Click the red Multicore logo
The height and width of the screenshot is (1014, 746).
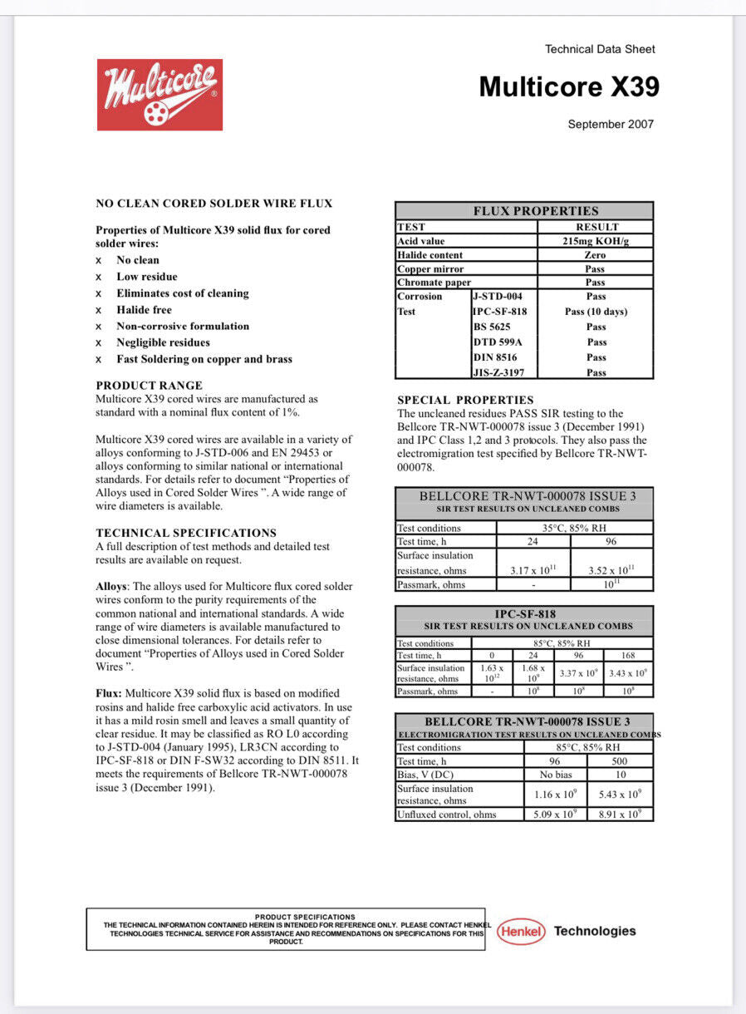pyautogui.click(x=160, y=95)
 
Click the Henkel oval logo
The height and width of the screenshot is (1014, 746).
pyautogui.click(x=521, y=932)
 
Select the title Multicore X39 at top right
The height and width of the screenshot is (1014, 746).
pyautogui.click(x=569, y=86)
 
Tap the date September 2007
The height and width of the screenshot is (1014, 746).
pyautogui.click(x=611, y=125)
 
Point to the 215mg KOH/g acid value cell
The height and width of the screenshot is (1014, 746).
pyautogui.click(x=596, y=241)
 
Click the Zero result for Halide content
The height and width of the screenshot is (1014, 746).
pyautogui.click(x=595, y=255)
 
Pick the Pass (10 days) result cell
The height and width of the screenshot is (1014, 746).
pyautogui.click(x=596, y=312)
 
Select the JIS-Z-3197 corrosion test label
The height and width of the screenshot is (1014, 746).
pyautogui.click(x=499, y=372)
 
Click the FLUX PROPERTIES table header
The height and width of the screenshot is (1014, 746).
pyautogui.click(x=535, y=211)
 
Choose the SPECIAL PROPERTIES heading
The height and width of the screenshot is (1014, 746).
pyautogui.click(x=465, y=400)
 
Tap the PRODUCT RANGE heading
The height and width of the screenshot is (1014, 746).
pyautogui.click(x=149, y=386)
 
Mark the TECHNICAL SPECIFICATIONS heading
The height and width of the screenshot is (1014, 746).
pyautogui.click(x=186, y=533)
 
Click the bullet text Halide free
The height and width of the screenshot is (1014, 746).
pyautogui.click(x=144, y=310)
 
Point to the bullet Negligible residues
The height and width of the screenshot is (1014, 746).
pyautogui.click(x=163, y=342)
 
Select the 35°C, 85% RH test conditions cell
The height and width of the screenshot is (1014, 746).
pyautogui.click(x=574, y=528)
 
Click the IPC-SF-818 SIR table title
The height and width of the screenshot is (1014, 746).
pyautogui.click(x=525, y=614)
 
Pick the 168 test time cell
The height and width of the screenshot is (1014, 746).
pyautogui.click(x=628, y=655)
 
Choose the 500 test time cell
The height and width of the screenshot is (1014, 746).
pyautogui.click(x=620, y=761)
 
